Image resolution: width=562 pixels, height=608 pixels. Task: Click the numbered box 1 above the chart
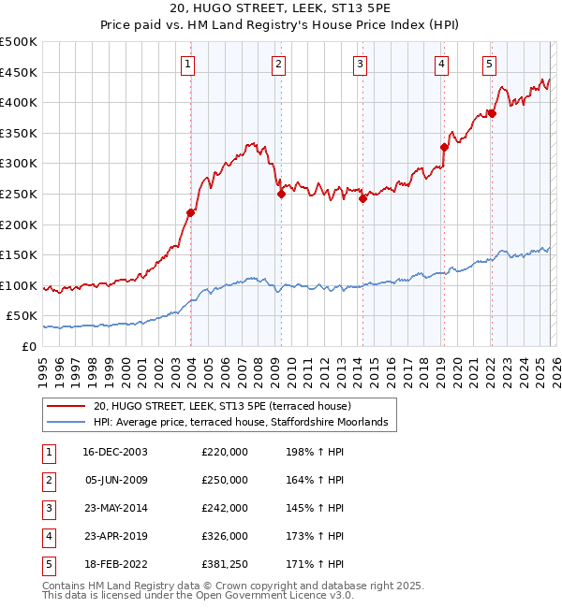(x=189, y=65)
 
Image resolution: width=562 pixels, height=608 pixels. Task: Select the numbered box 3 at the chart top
(x=361, y=65)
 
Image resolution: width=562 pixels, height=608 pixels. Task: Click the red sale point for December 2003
(x=190, y=212)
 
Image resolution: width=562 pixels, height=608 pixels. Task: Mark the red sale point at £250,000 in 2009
(x=281, y=194)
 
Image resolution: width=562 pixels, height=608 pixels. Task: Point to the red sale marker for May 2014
(x=362, y=198)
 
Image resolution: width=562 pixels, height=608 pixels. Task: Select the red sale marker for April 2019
(x=444, y=147)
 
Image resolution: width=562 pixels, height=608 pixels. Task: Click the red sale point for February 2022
(x=491, y=113)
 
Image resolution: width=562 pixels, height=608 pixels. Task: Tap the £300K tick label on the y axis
(x=20, y=164)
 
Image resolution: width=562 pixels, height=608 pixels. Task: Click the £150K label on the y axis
(x=20, y=254)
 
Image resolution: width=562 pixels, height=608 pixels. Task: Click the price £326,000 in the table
(x=225, y=537)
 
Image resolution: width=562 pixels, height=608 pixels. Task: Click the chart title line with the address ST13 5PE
(x=280, y=9)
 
